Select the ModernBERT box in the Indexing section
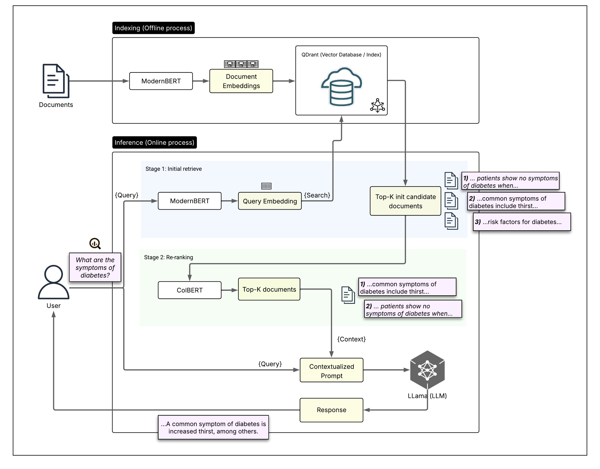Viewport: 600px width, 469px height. coord(161,81)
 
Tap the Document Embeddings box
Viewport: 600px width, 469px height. coord(241,81)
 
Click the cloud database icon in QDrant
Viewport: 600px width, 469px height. coord(341,87)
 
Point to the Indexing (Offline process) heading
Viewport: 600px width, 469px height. coord(153,28)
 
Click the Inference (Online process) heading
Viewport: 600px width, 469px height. coord(154,143)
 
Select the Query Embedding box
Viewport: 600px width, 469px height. coord(270,201)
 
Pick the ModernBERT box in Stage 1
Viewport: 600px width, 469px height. coord(189,201)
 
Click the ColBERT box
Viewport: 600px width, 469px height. coord(189,290)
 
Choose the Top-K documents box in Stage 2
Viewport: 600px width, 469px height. coord(269,289)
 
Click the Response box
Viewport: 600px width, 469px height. coord(331,410)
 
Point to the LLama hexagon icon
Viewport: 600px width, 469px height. coord(427,370)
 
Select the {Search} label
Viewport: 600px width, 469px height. coord(317,195)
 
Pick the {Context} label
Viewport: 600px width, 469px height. coord(351,339)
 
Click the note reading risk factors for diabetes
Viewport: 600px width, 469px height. coord(522,222)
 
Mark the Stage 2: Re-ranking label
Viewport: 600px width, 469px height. coord(169,257)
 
